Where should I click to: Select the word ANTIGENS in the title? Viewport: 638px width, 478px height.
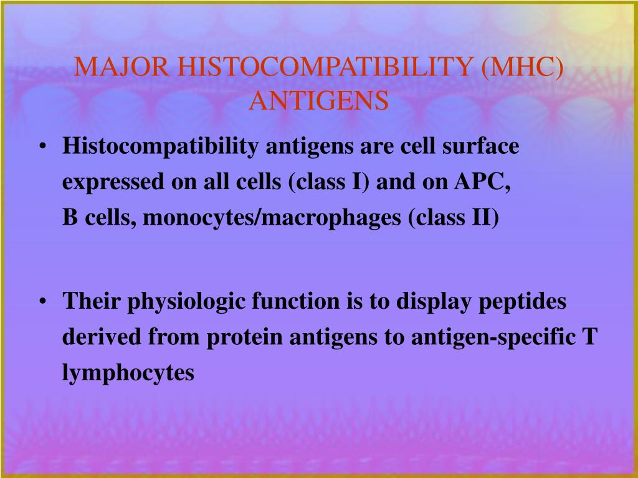[319, 100]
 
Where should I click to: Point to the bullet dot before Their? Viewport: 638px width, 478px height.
[42, 302]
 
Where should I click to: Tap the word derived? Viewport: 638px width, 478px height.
[102, 337]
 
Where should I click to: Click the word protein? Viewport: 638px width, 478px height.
[244, 338]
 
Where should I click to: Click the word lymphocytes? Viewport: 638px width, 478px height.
[128, 373]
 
